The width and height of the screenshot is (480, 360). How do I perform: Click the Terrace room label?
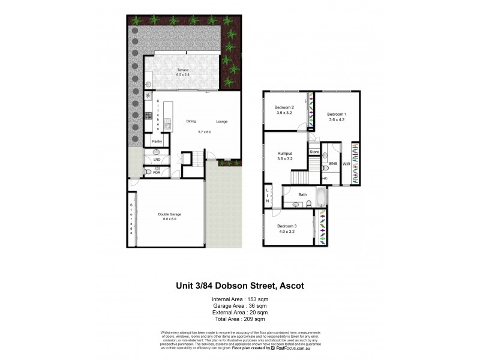pyautogui.click(x=183, y=70)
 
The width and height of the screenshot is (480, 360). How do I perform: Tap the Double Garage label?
pyautogui.click(x=170, y=214)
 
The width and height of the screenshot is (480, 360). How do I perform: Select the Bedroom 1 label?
pyautogui.click(x=337, y=114)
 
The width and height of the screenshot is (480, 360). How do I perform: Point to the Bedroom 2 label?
pyautogui.click(x=284, y=107)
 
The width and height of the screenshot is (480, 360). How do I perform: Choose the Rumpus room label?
pyautogui.click(x=285, y=153)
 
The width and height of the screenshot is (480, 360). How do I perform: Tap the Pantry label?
pyautogui.click(x=157, y=142)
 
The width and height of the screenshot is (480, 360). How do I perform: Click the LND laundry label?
pyautogui.click(x=157, y=160)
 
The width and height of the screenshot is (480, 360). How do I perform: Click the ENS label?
pyautogui.click(x=332, y=163)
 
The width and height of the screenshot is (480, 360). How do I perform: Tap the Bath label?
pyautogui.click(x=302, y=194)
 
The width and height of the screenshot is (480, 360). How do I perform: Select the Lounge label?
pyautogui.click(x=222, y=121)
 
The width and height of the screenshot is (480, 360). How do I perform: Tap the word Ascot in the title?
pyautogui.click(x=290, y=286)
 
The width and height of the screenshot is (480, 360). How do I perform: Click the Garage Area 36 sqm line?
pyautogui.click(x=240, y=305)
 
